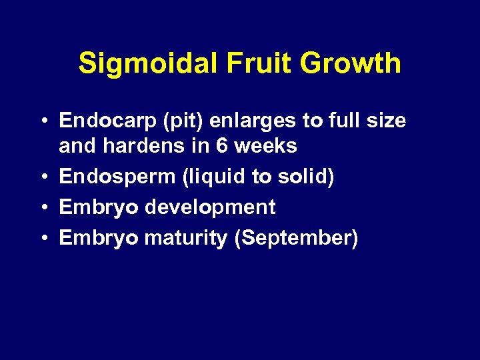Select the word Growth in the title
point(351,64)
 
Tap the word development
point(210,207)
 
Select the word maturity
point(186,238)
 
